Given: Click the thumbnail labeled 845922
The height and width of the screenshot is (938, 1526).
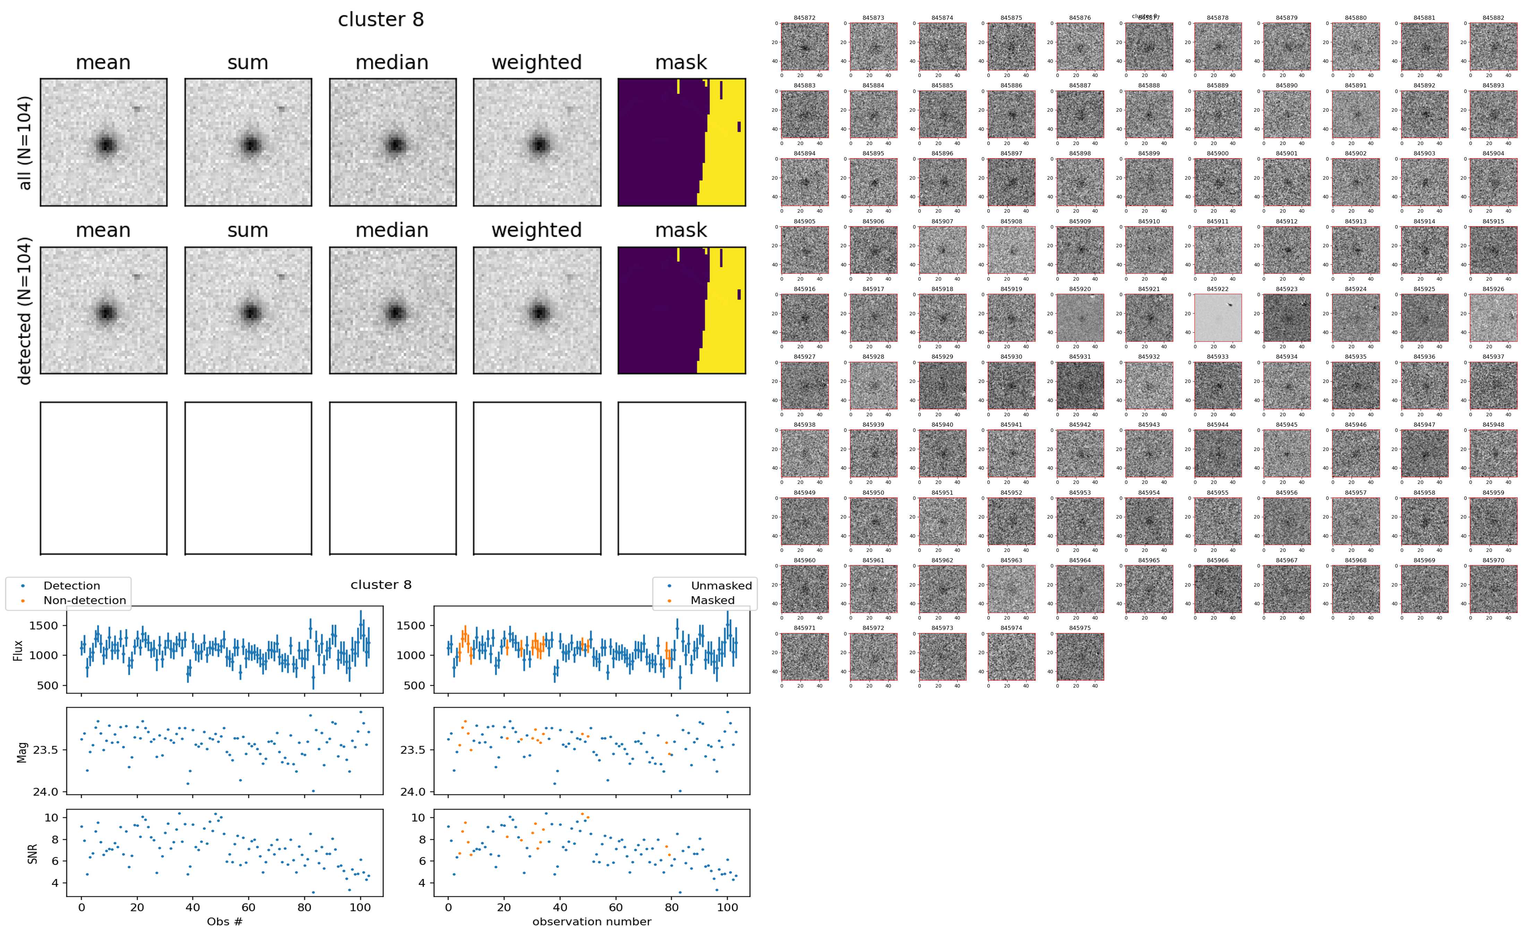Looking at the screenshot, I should point(1218,318).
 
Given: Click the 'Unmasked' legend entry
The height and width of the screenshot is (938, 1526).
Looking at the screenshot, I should point(721,586).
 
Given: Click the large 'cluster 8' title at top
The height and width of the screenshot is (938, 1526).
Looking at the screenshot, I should point(381,20).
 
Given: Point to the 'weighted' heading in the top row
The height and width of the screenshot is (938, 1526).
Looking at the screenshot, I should point(537,63).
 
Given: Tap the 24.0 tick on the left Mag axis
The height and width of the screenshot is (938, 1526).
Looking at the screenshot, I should point(45,792).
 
